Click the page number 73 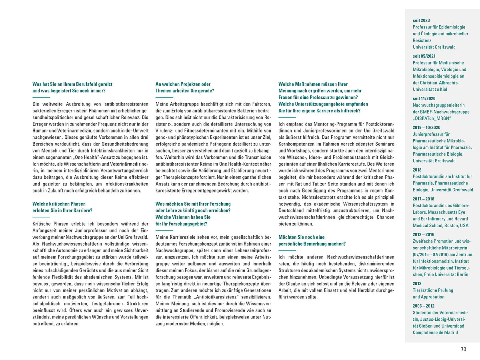pos(464,349)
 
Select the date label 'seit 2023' pos(421,20)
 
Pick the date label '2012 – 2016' pos(423,234)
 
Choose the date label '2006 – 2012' pos(423,306)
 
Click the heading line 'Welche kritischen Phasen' pos(59,204)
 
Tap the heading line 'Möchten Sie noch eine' pos(302,237)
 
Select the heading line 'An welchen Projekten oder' pos(183,84)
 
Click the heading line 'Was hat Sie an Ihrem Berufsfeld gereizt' pos(72,84)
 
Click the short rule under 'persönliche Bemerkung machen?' pos(287,250)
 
